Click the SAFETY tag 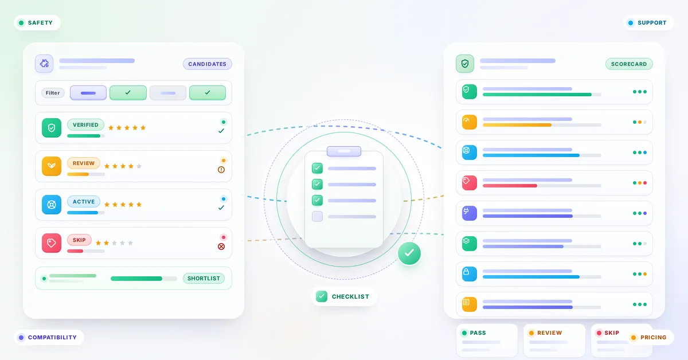(x=37, y=23)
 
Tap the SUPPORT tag (x=648, y=23)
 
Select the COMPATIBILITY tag (x=49, y=337)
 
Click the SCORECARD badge (x=629, y=64)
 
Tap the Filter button (x=53, y=93)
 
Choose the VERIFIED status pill (x=85, y=125)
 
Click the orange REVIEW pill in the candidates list (x=84, y=163)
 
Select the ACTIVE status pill (x=84, y=202)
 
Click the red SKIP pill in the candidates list (x=79, y=240)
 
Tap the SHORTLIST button (x=204, y=278)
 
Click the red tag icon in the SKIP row (x=52, y=243)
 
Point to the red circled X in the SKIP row (x=221, y=246)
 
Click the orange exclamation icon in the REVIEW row (x=221, y=170)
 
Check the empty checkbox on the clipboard (x=317, y=216)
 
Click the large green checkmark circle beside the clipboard (x=409, y=253)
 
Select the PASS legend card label (x=478, y=332)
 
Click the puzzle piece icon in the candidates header (x=44, y=64)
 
